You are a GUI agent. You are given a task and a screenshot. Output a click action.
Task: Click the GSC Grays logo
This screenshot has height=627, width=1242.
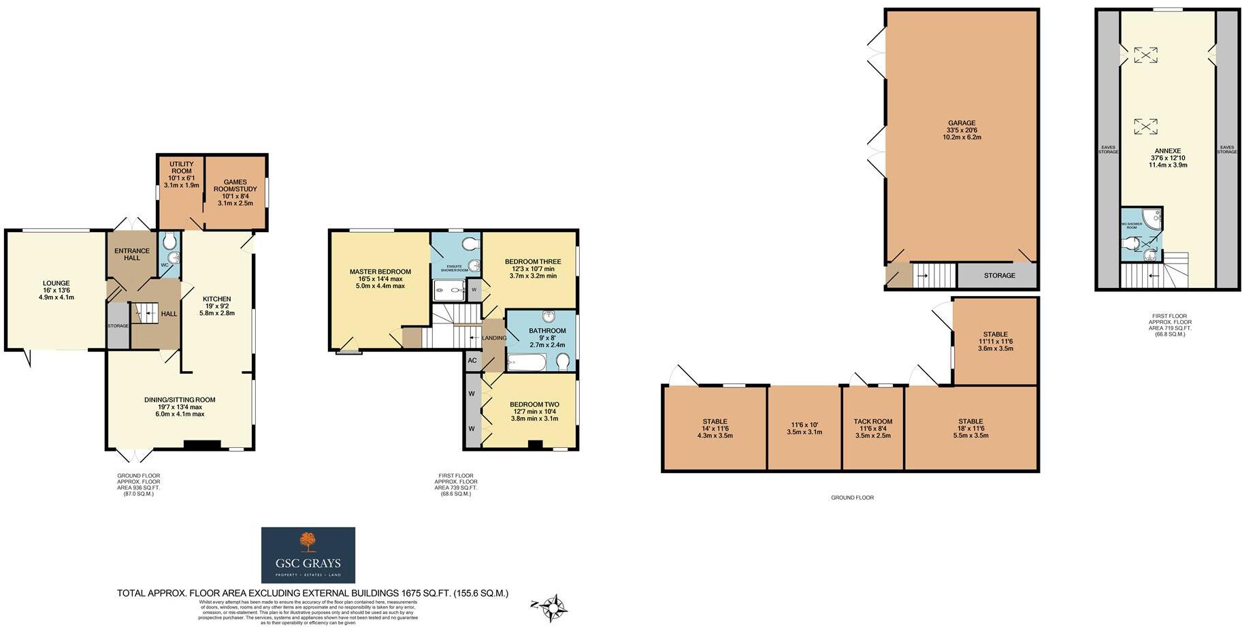(308, 555)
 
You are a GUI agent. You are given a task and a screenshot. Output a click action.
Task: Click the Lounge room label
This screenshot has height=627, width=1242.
(56, 283)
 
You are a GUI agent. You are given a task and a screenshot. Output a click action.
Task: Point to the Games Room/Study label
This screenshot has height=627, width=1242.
(235, 186)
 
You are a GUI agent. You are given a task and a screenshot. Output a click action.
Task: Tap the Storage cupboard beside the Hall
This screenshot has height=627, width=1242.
(118, 326)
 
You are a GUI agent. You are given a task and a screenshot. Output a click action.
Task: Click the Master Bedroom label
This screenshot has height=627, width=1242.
(380, 272)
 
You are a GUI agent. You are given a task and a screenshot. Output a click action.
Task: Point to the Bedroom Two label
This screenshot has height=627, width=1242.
(534, 404)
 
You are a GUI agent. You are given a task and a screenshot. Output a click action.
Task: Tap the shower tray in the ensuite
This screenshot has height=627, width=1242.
(449, 291)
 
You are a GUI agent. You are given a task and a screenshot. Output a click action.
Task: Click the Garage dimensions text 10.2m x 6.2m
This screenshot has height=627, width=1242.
(962, 138)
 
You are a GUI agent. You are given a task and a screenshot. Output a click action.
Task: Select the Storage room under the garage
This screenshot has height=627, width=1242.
(998, 276)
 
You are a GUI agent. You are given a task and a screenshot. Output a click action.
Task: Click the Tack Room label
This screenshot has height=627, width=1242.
(872, 421)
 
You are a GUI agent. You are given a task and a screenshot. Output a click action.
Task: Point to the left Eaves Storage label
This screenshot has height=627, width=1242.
(1108, 149)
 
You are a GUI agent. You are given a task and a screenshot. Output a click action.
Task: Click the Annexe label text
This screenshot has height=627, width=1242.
(1167, 151)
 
